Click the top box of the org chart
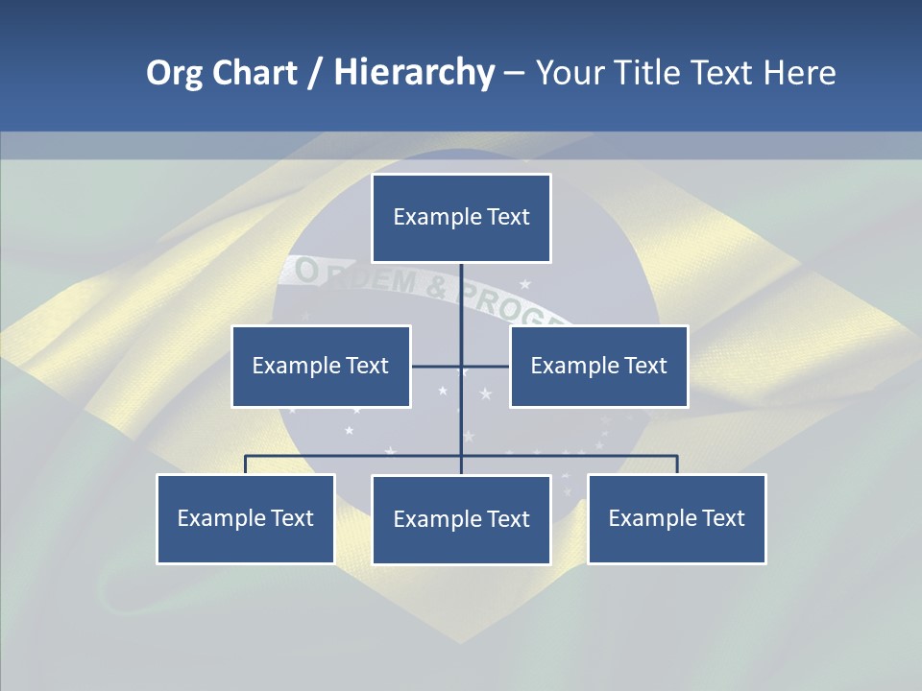click(x=461, y=218)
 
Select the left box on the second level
click(x=321, y=366)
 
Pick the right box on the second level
click(x=598, y=366)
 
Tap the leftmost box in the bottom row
click(x=246, y=518)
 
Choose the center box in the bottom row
click(x=461, y=519)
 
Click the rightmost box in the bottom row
click(x=676, y=518)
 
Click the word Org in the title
click(x=173, y=73)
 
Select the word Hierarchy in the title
click(x=414, y=73)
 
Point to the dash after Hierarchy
click(x=514, y=73)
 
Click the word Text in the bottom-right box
click(x=722, y=518)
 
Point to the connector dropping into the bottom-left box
click(x=246, y=465)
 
